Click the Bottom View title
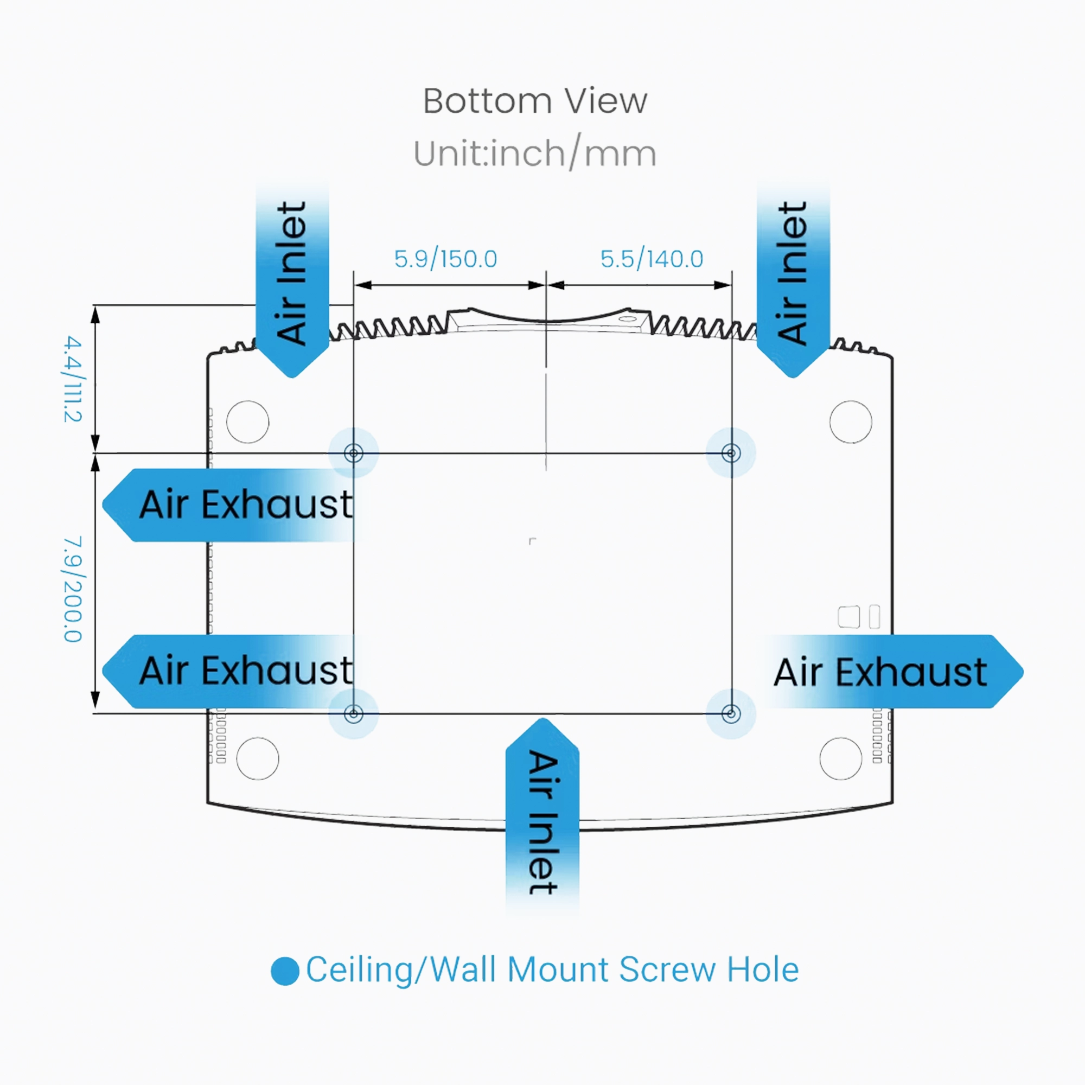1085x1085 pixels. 535,101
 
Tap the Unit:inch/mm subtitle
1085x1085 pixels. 535,154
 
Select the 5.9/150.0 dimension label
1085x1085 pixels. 445,259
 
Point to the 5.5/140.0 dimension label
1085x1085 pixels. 652,259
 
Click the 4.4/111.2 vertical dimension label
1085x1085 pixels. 73,379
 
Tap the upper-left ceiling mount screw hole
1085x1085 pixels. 353,452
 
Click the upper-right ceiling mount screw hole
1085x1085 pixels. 731,452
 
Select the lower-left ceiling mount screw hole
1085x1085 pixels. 353,714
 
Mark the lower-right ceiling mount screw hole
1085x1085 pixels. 731,714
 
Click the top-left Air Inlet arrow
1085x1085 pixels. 292,281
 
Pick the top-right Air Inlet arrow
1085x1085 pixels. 793,281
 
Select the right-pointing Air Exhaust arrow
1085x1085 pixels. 893,672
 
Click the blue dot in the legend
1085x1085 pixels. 285,971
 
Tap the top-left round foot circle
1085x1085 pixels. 248,422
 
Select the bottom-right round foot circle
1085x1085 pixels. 841,759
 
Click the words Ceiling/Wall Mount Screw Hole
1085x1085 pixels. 552,970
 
